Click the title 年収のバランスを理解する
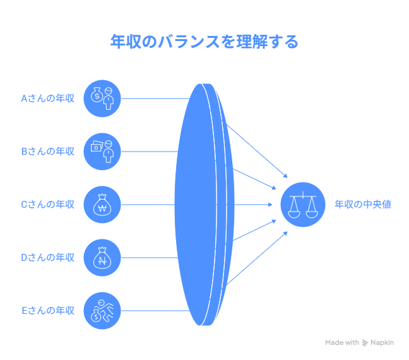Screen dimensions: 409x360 coord(204,42)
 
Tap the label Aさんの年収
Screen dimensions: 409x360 coord(48,99)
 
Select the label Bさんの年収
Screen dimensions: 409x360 coord(48,152)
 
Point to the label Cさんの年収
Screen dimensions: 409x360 coord(48,205)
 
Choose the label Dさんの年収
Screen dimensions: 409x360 coord(48,258)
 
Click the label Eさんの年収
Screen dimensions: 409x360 coord(48,311)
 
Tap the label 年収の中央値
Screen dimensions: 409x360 coord(363,205)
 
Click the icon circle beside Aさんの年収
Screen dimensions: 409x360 coord(102,99)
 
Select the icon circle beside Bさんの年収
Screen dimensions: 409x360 coord(102,152)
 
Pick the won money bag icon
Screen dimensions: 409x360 coord(102,205)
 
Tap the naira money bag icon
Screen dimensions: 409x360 coord(102,258)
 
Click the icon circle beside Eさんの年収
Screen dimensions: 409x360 coord(102,311)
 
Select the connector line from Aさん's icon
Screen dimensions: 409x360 coord(155,99)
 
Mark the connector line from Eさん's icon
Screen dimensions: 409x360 coord(155,311)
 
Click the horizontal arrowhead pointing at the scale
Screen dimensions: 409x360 coord(270,205)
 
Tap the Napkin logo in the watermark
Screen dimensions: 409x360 coord(365,343)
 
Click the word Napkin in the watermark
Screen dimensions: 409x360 coord(382,342)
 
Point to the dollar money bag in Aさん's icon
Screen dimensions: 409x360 coord(97,95)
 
